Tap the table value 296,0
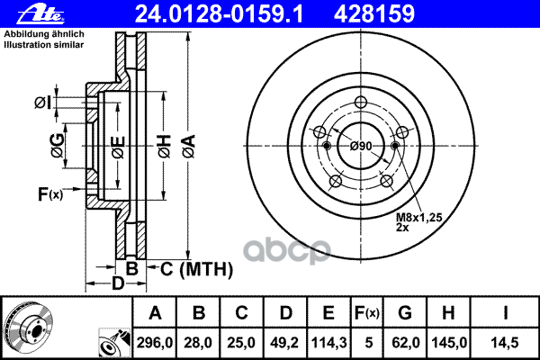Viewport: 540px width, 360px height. (156, 342)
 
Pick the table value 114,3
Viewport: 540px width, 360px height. (328, 342)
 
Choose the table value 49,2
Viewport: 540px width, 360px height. (285, 342)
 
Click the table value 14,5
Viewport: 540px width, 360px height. (508, 342)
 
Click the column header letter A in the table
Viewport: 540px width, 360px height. (156, 313)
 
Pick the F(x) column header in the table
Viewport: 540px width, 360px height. (367, 313)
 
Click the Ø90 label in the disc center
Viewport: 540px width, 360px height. (361, 147)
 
